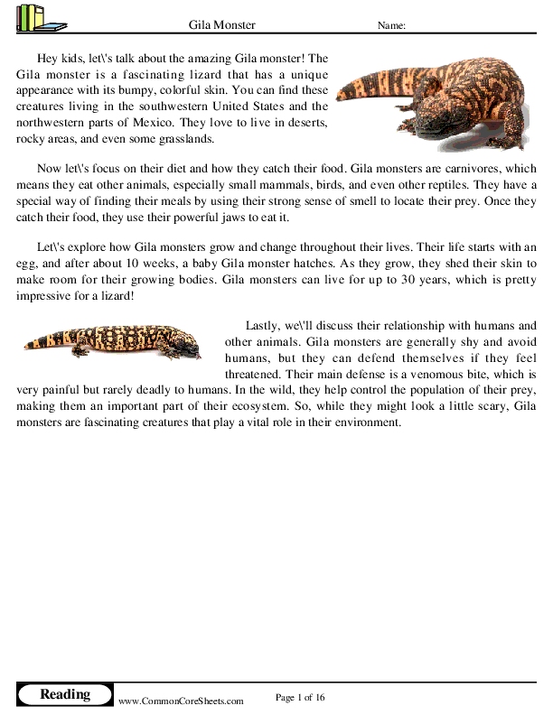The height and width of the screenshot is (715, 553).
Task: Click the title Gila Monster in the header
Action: point(222,24)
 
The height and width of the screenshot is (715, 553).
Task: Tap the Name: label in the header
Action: point(390,25)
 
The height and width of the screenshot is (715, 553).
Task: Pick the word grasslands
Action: point(183,139)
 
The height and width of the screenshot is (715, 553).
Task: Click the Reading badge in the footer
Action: point(64,694)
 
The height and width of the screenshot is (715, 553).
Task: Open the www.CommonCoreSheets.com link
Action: point(181,701)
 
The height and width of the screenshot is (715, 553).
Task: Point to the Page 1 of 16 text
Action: point(299,697)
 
